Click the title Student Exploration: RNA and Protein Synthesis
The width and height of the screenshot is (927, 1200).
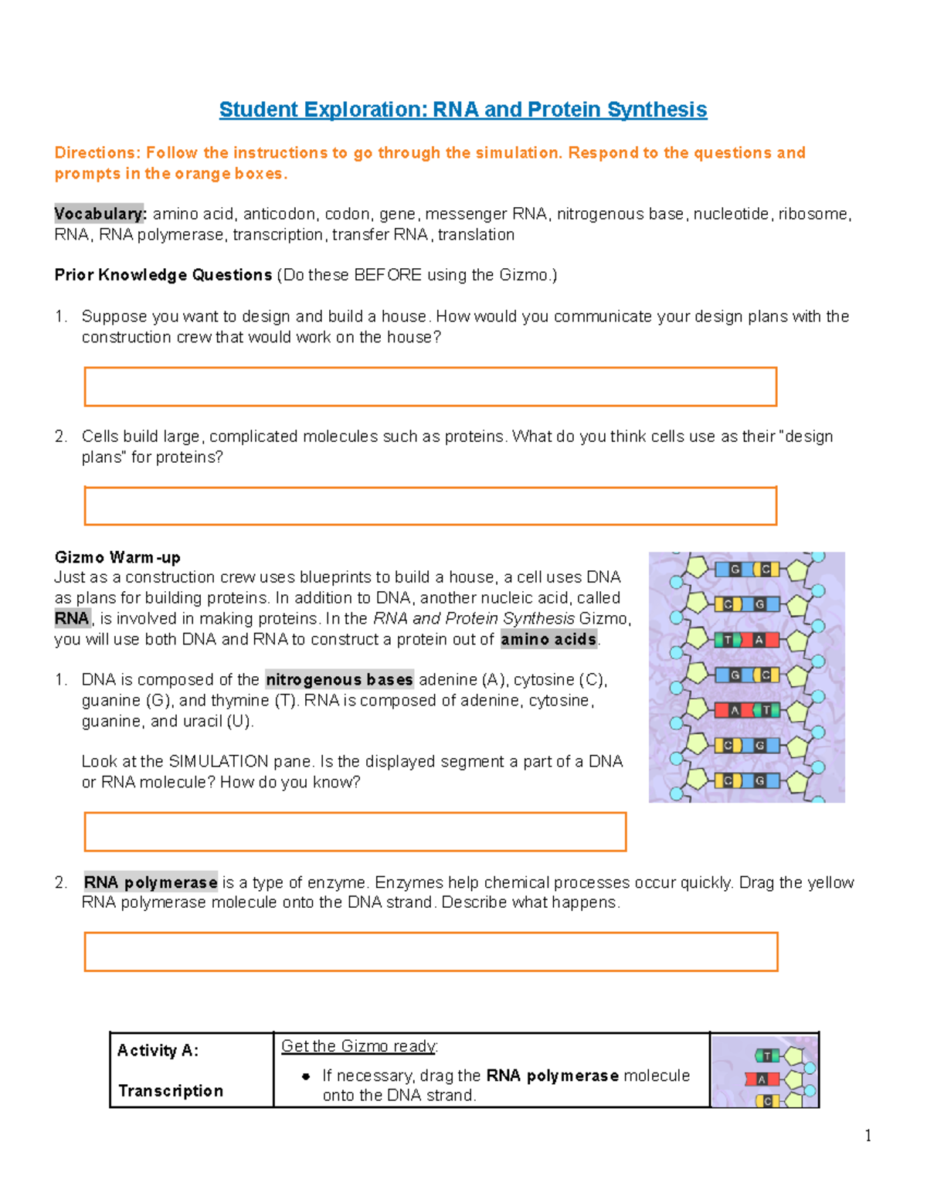coord(463,110)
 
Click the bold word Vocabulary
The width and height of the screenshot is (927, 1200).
coord(99,213)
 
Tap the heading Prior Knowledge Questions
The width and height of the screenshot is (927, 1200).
coord(163,275)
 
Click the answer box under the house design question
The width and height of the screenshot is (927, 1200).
coord(430,386)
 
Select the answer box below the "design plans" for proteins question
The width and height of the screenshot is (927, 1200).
coord(430,506)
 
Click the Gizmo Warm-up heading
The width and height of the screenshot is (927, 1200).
coord(117,557)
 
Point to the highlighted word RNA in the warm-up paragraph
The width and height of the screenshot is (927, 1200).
coord(72,618)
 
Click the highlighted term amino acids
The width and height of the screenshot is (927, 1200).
coord(548,639)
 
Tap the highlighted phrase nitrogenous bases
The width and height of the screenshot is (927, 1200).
coord(339,679)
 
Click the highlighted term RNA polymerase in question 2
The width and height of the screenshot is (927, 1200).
coord(151,882)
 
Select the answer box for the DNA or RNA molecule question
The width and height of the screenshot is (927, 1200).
coord(355,831)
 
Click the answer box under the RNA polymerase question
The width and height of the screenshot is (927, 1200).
coord(430,951)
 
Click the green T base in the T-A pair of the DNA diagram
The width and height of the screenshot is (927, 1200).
coord(728,640)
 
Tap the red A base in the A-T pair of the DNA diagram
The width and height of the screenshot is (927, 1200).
coord(735,709)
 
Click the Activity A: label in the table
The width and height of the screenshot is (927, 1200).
coord(158,1051)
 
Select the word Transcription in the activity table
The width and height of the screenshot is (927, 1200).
coord(171,1091)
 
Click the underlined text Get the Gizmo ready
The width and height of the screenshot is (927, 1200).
coord(358,1046)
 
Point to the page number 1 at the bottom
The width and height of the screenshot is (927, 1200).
coord(868,1135)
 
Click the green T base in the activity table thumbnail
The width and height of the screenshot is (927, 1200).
coord(766,1056)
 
